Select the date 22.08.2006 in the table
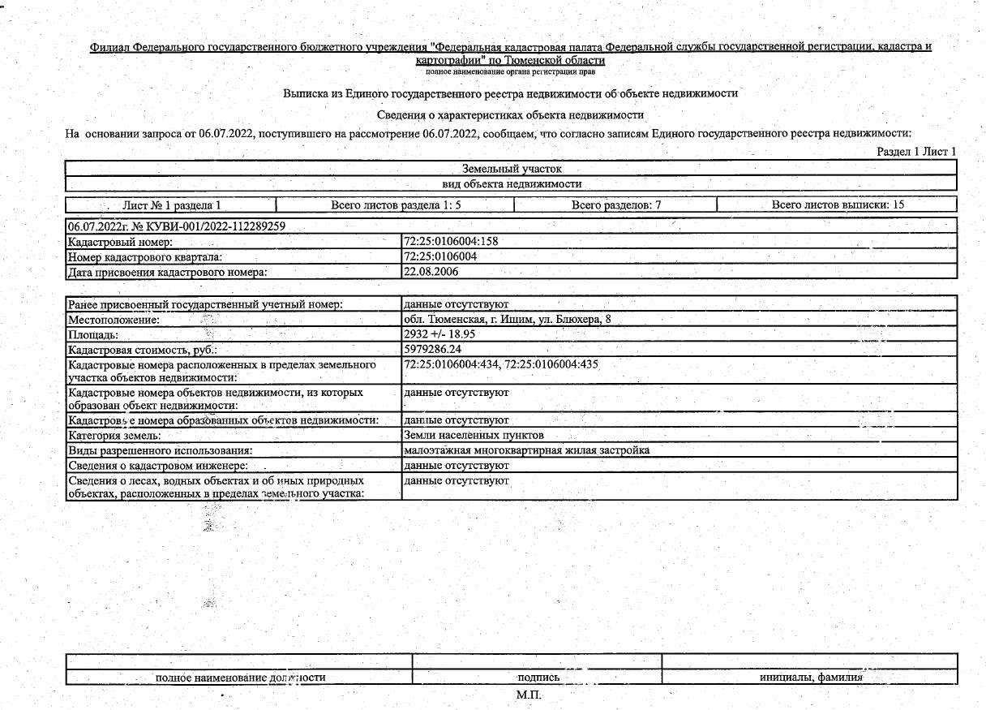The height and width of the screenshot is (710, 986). click(431, 272)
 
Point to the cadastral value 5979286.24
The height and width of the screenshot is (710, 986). click(432, 349)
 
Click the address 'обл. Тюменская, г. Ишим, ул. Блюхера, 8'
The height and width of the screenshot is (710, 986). click(507, 320)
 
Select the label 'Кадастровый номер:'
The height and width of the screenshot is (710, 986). click(121, 243)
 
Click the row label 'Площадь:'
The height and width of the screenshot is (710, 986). click(93, 334)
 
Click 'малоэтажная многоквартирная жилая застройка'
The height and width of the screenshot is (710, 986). click(526, 450)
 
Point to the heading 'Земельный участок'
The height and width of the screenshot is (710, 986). click(511, 169)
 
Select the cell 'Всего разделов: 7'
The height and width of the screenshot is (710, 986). click(616, 205)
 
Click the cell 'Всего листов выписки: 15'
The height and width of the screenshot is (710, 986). click(838, 205)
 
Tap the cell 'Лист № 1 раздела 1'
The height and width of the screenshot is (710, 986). click(171, 205)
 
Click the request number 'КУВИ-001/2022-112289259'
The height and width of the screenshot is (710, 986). click(208, 226)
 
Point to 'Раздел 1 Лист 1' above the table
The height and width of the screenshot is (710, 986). click(916, 152)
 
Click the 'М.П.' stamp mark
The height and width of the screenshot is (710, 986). click(528, 695)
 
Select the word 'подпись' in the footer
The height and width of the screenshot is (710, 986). click(538, 678)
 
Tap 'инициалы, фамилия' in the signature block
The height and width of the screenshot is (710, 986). click(811, 678)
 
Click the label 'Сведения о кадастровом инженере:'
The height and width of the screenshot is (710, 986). click(157, 466)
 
